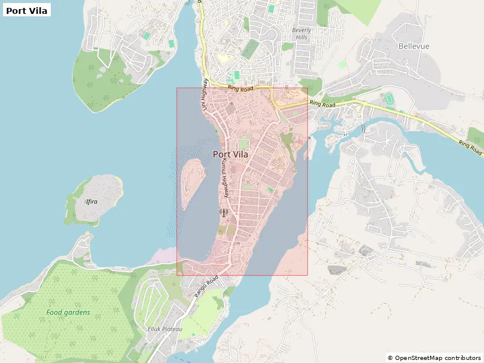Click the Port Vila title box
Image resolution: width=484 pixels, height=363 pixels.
tap(27, 10)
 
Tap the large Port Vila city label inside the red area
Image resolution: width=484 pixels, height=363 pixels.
tap(231, 154)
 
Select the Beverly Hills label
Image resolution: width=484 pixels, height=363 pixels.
tap(301, 34)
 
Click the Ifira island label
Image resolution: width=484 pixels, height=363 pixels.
tap(91, 201)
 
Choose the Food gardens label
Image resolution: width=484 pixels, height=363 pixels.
tap(68, 313)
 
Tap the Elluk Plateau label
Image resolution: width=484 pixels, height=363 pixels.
tap(161, 329)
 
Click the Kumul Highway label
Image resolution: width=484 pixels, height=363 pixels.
tap(224, 180)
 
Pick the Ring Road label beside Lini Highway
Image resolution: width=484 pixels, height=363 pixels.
tap(240, 88)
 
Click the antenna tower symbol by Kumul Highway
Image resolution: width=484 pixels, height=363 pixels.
tap(223, 212)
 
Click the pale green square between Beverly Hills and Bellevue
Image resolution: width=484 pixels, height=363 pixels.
tap(342, 64)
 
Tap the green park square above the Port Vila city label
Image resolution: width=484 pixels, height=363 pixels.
tap(243, 144)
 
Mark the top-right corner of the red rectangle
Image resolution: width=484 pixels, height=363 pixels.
tap(307, 88)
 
